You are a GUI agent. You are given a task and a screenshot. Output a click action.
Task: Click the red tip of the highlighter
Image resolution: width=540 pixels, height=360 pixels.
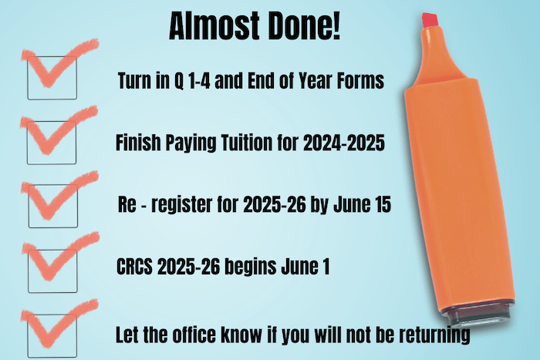coord(430,20)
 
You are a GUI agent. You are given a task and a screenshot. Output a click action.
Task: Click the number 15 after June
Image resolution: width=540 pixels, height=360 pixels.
coord(382,204)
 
